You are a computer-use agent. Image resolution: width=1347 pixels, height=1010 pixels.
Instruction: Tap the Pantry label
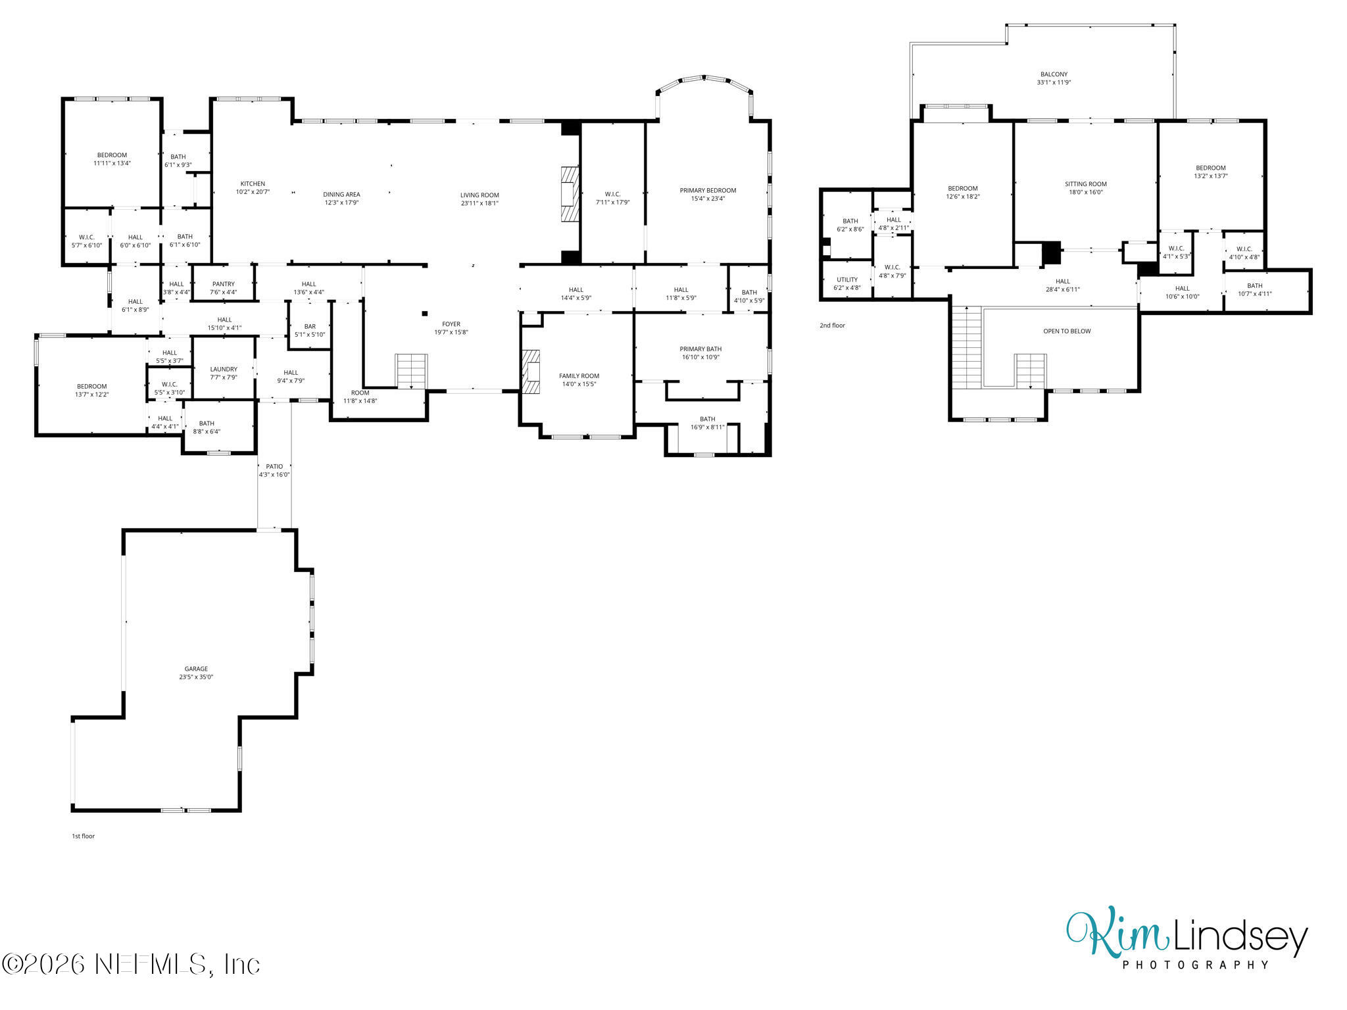pos(224,284)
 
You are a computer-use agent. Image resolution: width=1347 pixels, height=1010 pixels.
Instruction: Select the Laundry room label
pos(224,370)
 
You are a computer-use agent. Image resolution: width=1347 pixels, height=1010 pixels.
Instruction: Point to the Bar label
pos(310,327)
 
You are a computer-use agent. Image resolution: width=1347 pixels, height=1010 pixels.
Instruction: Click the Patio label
pos(274,466)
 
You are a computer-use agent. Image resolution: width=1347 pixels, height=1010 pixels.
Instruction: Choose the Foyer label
pos(451,324)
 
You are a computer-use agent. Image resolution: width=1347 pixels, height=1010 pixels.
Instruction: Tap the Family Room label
pos(579,376)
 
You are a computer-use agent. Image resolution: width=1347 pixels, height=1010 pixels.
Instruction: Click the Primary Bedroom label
pos(708,191)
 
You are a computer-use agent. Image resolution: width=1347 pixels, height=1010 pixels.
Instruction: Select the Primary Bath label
pos(700,349)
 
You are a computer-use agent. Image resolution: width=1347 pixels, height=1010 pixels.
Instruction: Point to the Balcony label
pos(1054,74)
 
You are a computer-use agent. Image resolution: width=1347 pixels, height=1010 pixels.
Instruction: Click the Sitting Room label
pos(1086,184)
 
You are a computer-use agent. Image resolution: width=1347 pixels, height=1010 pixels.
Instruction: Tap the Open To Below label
pos(1067,331)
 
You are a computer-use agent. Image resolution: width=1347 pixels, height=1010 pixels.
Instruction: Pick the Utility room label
pos(847,279)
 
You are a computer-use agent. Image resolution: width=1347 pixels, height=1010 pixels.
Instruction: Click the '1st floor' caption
pos(84,836)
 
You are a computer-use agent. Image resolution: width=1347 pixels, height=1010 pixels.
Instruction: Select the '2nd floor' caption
pos(832,325)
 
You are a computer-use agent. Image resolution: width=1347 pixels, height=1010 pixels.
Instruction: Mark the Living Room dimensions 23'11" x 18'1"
pos(479,203)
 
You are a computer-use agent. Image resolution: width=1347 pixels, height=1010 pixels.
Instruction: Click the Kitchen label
pos(253,184)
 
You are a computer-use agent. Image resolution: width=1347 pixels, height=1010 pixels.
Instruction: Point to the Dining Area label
pos(341,195)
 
